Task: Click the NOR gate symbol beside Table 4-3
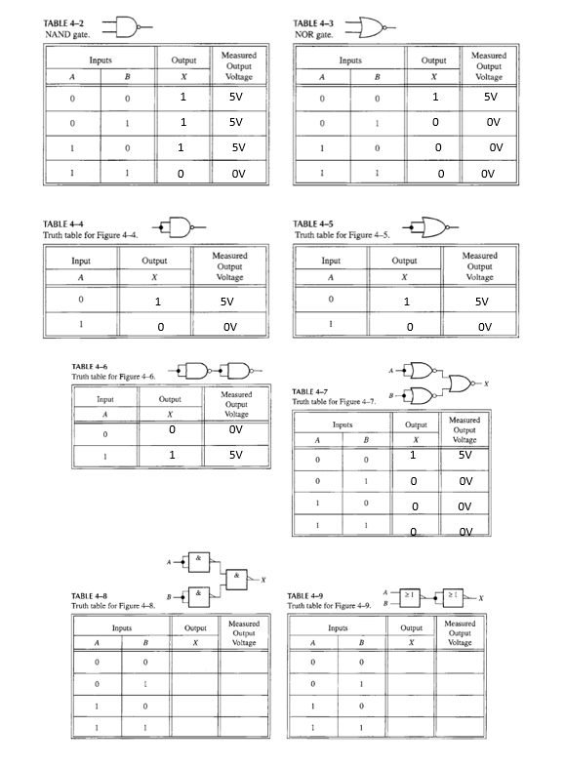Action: pos(374,26)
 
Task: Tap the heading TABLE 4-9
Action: pos(309,595)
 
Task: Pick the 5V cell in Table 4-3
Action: pos(491,98)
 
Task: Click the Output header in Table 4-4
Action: pos(154,261)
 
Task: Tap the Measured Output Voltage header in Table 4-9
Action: pos(460,632)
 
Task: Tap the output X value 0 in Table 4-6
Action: pos(172,428)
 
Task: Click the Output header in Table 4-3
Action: pos(433,61)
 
